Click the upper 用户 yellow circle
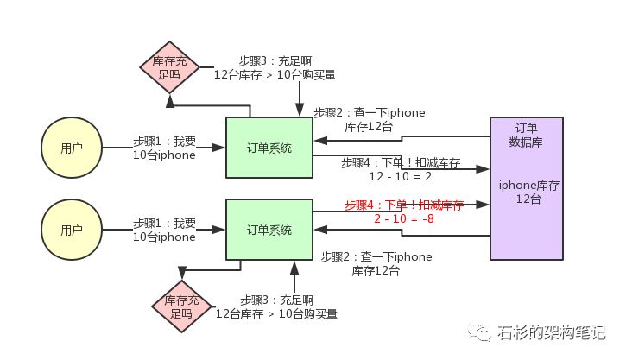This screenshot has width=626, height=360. pos(72,148)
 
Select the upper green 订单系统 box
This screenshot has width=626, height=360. pos(269,148)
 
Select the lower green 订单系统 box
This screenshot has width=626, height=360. pos(269,230)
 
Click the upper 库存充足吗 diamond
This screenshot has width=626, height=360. pos(170,68)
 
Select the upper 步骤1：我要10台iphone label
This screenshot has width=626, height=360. pos(164,148)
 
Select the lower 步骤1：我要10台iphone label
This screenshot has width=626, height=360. pos(164,230)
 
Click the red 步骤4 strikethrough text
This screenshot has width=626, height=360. pos(403,205)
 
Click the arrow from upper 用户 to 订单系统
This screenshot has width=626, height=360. pos(164,148)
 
